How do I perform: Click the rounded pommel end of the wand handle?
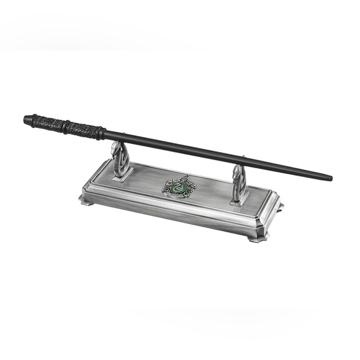click(28, 119)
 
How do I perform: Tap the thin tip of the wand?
click(330, 178)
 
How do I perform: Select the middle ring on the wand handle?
click(65, 126)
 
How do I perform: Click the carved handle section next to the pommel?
click(47, 123)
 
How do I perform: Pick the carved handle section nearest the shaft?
click(83, 130)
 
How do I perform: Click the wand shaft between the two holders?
click(180, 148)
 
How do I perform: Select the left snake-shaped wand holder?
click(120, 160)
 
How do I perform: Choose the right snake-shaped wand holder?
click(239, 184)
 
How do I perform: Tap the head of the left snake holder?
click(115, 148)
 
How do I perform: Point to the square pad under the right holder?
click(239, 200)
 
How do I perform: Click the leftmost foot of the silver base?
click(83, 199)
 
